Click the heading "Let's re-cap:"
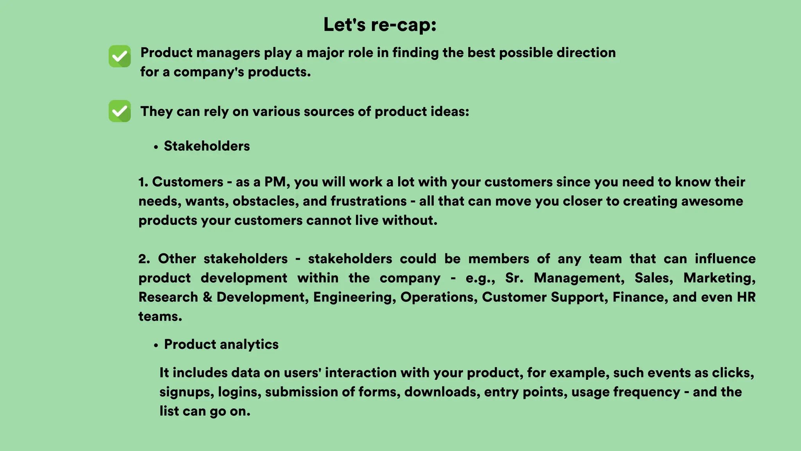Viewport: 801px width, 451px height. pyautogui.click(x=380, y=25)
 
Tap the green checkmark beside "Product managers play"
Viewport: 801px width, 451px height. pyautogui.click(x=120, y=56)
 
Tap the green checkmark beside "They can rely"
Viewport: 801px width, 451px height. pyautogui.click(x=120, y=111)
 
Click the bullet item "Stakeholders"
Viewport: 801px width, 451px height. pyautogui.click(x=207, y=146)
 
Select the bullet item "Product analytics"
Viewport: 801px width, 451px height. pyautogui.click(x=221, y=345)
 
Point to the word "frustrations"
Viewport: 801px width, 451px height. pyautogui.click(x=369, y=201)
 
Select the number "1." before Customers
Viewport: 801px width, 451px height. pyautogui.click(x=143, y=182)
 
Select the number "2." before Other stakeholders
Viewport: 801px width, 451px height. pyautogui.click(x=144, y=259)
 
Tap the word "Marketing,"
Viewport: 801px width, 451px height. pyautogui.click(x=719, y=278)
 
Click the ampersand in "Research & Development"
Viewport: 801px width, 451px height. pyautogui.click(x=207, y=297)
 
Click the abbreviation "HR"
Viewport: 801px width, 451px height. pyautogui.click(x=746, y=297)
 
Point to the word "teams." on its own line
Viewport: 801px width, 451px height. pyautogui.click(x=160, y=316)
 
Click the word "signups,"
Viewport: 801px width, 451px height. pyautogui.click(x=187, y=392)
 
